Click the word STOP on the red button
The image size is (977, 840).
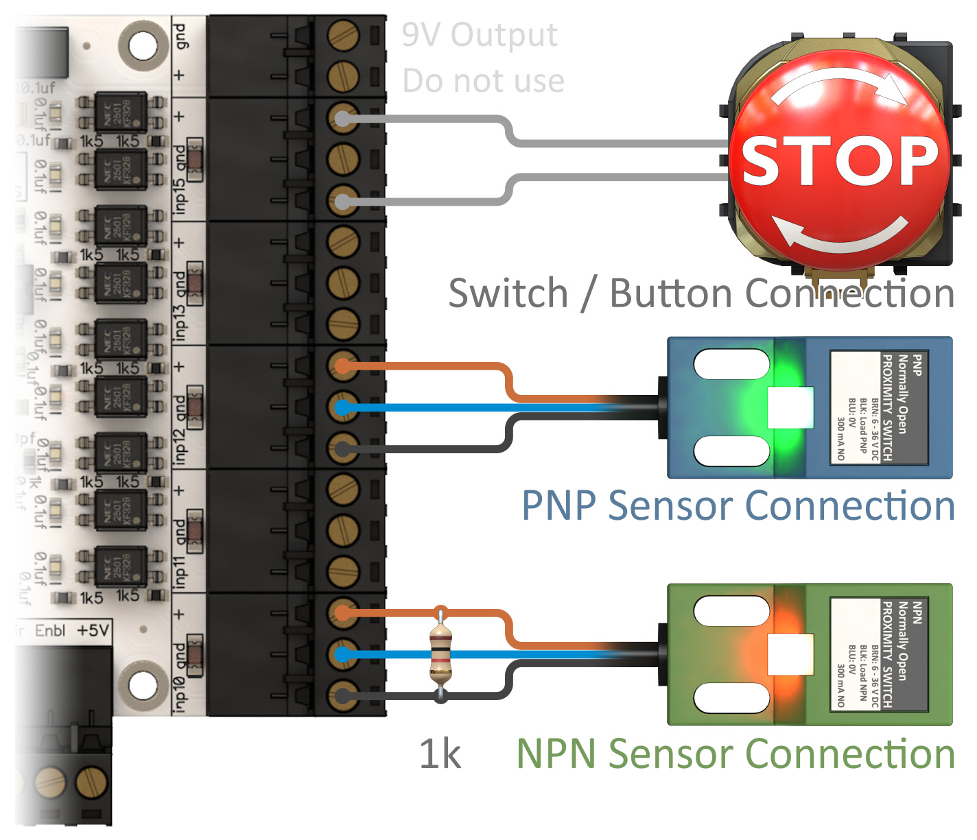pyautogui.click(x=840, y=160)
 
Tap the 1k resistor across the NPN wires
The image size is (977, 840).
pyautogui.click(x=440, y=655)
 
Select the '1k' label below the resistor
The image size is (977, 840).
pyautogui.click(x=440, y=755)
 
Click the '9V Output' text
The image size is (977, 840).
pyautogui.click(x=480, y=35)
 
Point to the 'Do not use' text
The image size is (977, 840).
pyautogui.click(x=483, y=81)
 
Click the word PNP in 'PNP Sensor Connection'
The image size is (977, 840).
pyautogui.click(x=558, y=506)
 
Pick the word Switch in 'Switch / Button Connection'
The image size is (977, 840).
pyautogui.click(x=508, y=293)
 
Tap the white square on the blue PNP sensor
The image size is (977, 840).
pyautogui.click(x=790, y=408)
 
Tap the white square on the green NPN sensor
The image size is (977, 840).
pyautogui.click(x=790, y=655)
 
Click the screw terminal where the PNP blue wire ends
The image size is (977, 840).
pyautogui.click(x=342, y=408)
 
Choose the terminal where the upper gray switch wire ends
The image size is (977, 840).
pyautogui.click(x=342, y=119)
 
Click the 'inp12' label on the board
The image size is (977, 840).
pyautogui.click(x=180, y=446)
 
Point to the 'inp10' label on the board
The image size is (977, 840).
pyautogui.click(x=180, y=693)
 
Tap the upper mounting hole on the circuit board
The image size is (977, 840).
pyautogui.click(x=143, y=46)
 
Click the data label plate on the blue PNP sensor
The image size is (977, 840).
pyautogui.click(x=879, y=407)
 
